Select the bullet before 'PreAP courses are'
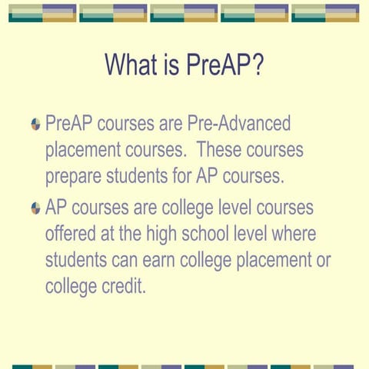point(35,124)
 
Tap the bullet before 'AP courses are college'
point(35,208)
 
